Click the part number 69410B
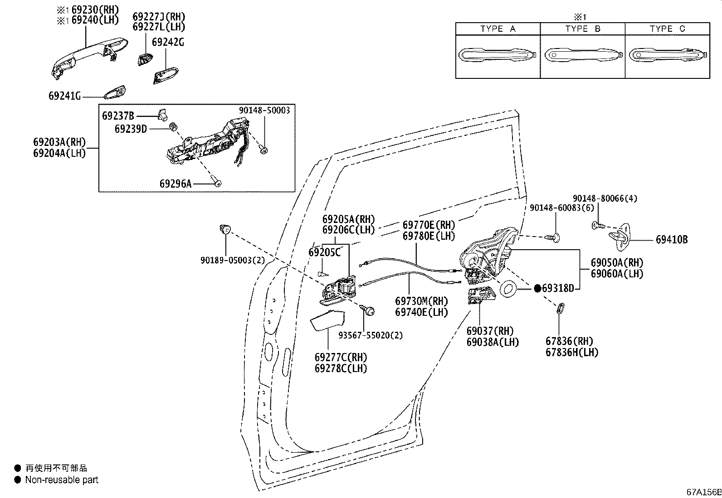tap(671, 240)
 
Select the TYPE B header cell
tap(582, 29)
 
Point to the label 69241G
tap(64, 97)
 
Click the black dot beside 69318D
tap(537, 288)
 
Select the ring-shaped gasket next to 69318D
tap(508, 289)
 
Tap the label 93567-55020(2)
tap(371, 335)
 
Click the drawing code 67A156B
tap(703, 492)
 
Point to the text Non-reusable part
tap(62, 480)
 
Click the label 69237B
tap(118, 116)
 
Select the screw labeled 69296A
tap(218, 183)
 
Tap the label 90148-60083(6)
tap(561, 208)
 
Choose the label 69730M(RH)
tap(421, 301)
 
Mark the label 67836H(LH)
tap(572, 352)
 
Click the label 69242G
tap(168, 42)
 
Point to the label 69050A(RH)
tap(617, 263)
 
